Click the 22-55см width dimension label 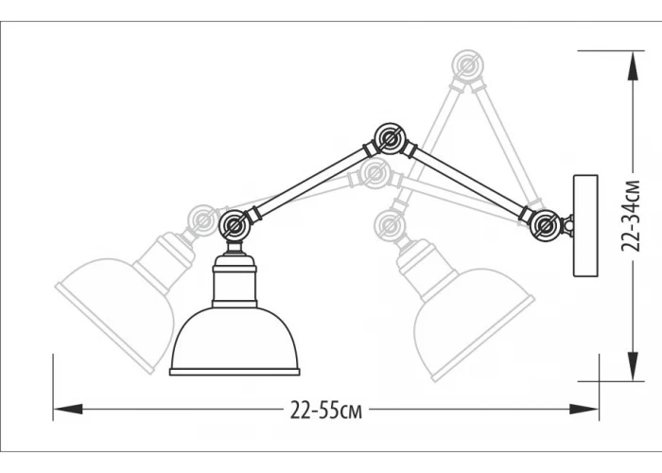[326, 410]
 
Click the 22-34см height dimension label [632, 216]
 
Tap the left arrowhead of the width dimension [67, 409]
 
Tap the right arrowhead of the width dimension [584, 409]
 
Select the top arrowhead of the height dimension [632, 65]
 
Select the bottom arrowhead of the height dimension [632, 366]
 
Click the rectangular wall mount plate [585, 226]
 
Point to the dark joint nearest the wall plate [546, 225]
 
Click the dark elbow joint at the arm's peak [390, 138]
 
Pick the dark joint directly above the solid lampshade [235, 225]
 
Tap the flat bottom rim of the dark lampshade [235, 372]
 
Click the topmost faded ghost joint [467, 65]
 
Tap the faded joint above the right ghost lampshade [390, 224]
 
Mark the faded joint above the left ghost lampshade [203, 220]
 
